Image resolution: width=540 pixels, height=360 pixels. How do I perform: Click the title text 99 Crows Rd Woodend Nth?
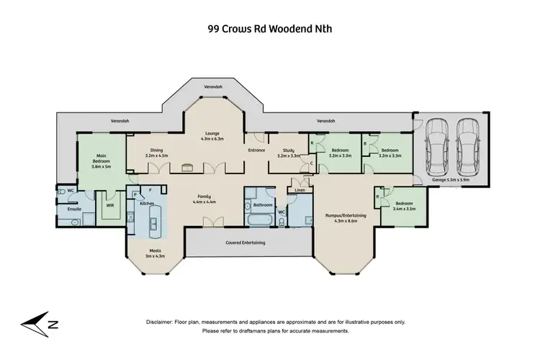coord(269,30)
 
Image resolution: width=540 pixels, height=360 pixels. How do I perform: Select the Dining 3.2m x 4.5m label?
coord(156,153)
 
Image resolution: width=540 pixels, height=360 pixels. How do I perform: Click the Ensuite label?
coord(74,209)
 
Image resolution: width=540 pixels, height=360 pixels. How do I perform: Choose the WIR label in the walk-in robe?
coord(109,205)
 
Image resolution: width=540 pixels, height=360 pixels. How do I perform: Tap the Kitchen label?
coord(147,204)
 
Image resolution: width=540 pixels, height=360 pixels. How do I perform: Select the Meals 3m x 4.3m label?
coord(156,253)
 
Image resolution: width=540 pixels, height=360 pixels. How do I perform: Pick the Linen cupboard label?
coord(299,191)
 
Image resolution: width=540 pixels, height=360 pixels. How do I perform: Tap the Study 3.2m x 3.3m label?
coord(279,153)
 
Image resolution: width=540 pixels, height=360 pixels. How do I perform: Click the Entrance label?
coord(257,150)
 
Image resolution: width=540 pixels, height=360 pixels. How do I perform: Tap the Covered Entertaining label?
coord(247,243)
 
